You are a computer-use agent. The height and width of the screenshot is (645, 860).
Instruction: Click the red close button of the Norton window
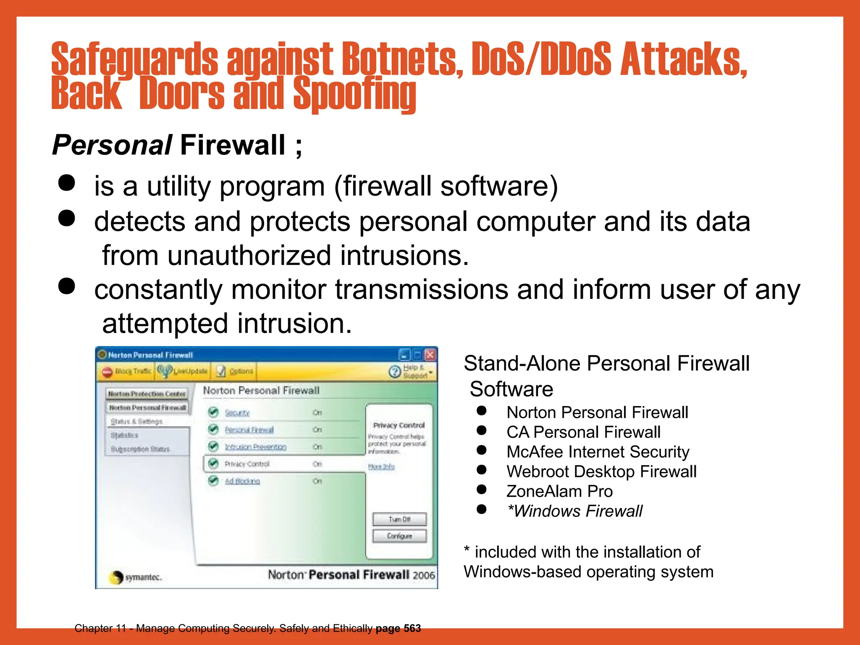click(x=430, y=355)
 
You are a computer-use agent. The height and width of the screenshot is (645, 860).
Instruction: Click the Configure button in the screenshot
click(x=399, y=536)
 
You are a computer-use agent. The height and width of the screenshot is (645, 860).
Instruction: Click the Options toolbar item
click(x=236, y=371)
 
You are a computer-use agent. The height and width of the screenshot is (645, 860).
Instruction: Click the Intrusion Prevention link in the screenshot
click(x=255, y=447)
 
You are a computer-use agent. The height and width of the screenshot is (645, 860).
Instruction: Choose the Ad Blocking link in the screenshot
click(x=242, y=481)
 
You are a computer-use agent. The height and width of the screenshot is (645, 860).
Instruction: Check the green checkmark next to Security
click(x=213, y=412)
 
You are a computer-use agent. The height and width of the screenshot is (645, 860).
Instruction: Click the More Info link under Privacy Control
click(x=381, y=467)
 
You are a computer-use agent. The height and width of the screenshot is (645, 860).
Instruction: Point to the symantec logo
click(x=135, y=577)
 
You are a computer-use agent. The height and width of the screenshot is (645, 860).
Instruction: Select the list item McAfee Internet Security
click(x=598, y=452)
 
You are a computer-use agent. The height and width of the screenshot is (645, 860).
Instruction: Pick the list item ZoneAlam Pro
click(x=559, y=491)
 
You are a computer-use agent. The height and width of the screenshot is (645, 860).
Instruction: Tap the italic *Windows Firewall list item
click(x=574, y=511)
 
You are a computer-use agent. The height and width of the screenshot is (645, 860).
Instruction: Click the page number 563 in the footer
click(x=412, y=628)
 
